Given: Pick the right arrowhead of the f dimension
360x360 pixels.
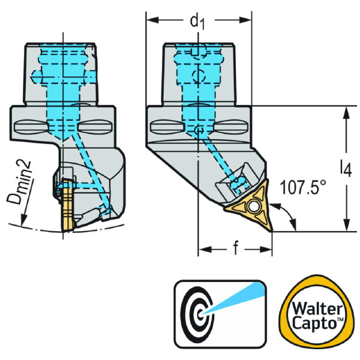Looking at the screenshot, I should (x=268, y=248).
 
